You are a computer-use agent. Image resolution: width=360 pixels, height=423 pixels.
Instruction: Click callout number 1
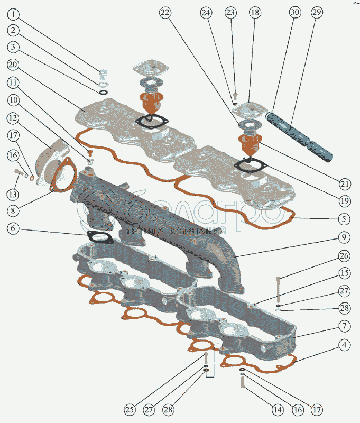click(x=13, y=14)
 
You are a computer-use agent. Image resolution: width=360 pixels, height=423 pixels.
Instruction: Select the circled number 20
click(x=13, y=65)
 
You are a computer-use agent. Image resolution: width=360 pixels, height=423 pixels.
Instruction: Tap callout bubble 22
click(x=165, y=12)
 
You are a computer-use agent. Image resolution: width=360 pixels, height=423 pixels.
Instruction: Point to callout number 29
click(x=317, y=12)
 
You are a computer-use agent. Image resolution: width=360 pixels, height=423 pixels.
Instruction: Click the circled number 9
click(x=344, y=237)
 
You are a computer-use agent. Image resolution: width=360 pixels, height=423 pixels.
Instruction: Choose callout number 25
click(x=130, y=409)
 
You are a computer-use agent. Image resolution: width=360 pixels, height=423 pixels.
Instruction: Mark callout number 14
click(x=278, y=410)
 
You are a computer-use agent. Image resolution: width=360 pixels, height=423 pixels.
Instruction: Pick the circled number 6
click(x=13, y=228)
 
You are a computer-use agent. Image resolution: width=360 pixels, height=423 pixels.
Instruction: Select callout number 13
click(x=13, y=194)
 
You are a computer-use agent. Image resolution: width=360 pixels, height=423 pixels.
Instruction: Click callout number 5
click(x=344, y=219)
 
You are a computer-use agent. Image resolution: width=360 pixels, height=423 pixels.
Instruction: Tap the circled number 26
click(x=344, y=256)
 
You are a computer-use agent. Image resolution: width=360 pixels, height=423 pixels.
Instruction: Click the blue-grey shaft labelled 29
click(x=299, y=136)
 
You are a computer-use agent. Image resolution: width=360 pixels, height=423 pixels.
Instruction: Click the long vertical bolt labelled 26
click(x=278, y=290)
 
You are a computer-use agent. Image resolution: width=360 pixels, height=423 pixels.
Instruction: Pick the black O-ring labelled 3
click(x=103, y=93)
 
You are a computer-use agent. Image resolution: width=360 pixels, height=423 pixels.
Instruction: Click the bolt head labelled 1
click(x=103, y=72)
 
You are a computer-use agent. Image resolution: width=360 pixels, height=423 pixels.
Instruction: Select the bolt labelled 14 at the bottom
click(x=242, y=382)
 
